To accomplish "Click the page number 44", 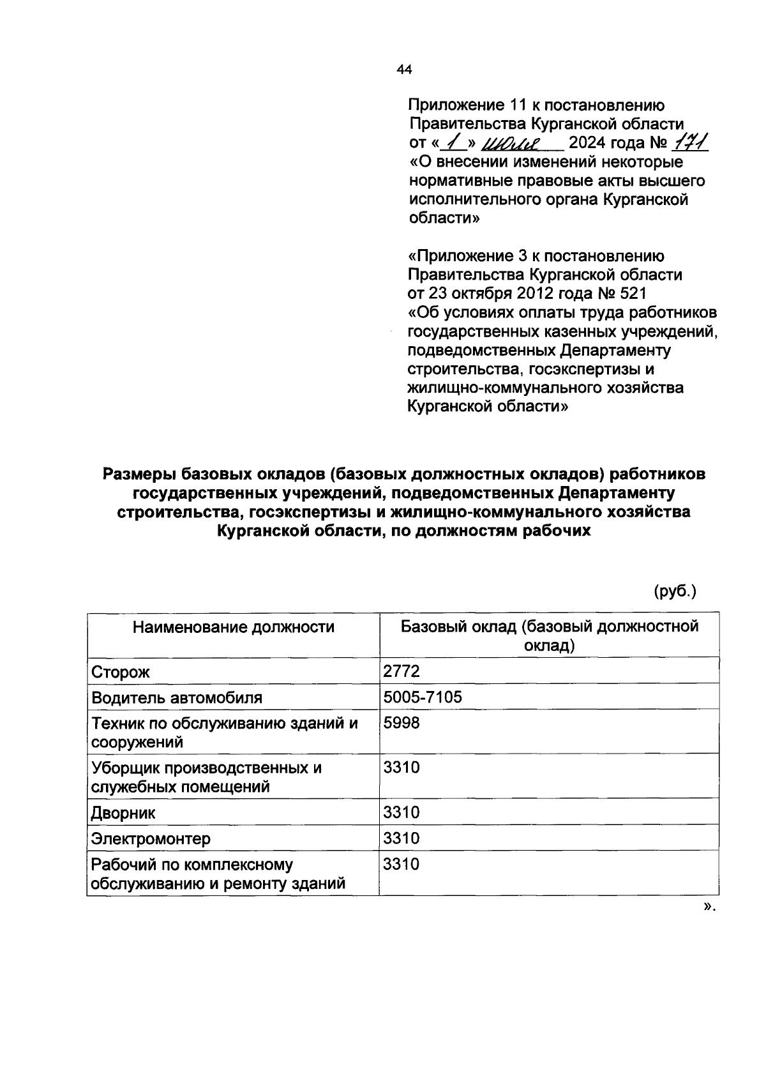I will (x=404, y=70).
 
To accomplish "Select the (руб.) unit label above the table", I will (x=675, y=591).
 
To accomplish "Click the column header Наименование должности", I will (x=233, y=627).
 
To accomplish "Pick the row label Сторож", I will (x=121, y=672).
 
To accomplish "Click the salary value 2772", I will (x=401, y=671).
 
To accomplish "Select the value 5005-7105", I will (x=422, y=697).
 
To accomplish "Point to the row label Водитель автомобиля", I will (x=177, y=697).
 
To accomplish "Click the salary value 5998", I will (x=401, y=723).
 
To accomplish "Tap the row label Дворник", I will (x=123, y=814).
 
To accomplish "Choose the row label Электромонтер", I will (x=151, y=839).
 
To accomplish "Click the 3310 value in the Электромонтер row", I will (x=401, y=839).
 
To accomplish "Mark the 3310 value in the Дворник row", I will (x=401, y=813).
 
